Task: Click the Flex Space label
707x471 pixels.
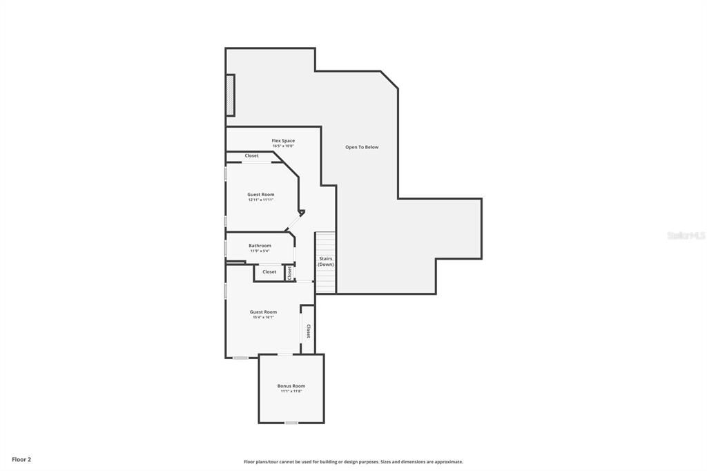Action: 283,141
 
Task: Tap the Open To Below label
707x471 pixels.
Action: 362,147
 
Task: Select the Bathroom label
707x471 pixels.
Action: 260,245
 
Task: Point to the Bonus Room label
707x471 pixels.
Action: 291,386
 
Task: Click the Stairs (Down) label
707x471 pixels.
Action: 326,262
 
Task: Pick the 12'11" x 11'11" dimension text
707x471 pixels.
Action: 261,200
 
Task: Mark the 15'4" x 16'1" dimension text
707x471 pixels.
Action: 263,317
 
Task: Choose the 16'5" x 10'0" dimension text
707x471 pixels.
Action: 283,146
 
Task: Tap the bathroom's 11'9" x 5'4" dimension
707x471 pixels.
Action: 260,251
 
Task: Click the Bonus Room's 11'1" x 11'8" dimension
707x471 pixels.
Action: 291,392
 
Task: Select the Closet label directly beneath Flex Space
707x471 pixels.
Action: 252,156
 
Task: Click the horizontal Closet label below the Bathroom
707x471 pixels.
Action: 269,272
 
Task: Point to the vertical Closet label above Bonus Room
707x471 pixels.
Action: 308,331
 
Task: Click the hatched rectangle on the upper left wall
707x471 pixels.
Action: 231,95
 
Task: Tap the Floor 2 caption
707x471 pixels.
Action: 21,459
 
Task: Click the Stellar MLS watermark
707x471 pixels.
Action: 686,236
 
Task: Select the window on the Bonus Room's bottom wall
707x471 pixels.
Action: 291,422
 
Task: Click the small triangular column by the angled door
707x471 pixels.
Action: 301,213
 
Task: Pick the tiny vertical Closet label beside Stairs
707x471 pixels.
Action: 289,273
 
